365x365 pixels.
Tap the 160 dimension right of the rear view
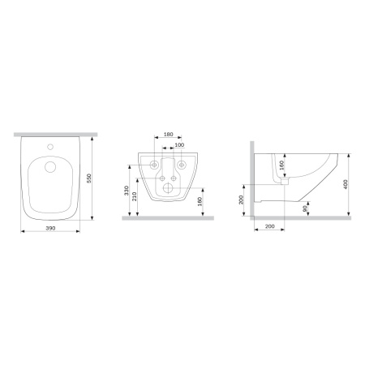[200, 200]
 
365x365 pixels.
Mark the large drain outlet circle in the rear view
[170, 189]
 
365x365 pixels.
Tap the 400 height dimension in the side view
[347, 183]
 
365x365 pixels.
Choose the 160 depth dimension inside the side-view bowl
[282, 166]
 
